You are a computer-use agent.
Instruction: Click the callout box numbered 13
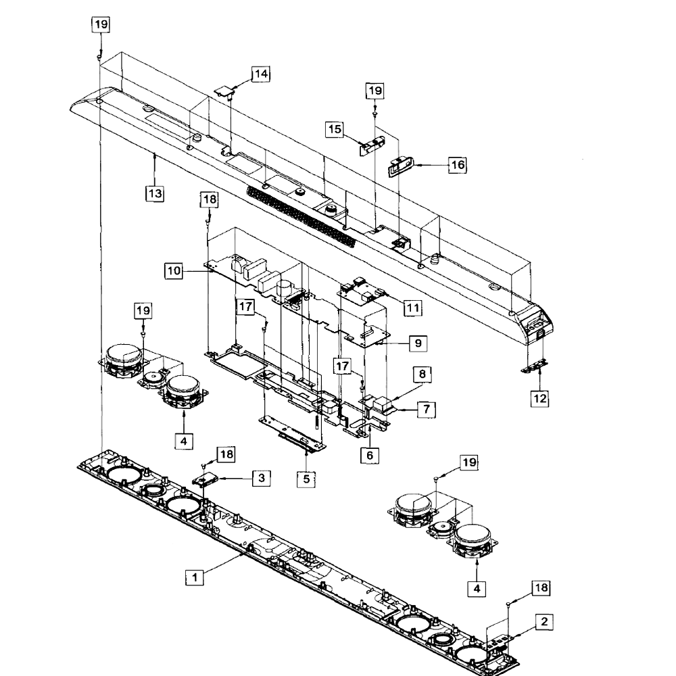155,193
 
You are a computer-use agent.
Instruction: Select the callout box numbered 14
261,74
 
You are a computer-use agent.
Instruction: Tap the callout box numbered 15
335,129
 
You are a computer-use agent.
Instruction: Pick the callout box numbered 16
458,165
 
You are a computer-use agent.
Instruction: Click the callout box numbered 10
174,271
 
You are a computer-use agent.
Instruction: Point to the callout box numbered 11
413,308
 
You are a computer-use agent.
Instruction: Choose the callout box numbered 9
418,343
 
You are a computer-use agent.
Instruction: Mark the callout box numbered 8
422,374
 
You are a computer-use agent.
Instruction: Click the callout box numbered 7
427,409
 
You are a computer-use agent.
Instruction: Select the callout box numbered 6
370,455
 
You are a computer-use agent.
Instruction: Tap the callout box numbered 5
306,479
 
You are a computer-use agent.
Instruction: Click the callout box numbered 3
262,478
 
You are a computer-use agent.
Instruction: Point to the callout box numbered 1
195,577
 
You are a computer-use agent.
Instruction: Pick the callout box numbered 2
544,622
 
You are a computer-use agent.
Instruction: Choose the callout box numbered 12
539,398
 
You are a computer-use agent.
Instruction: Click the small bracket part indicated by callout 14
224,92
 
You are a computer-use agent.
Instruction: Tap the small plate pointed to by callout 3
206,479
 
